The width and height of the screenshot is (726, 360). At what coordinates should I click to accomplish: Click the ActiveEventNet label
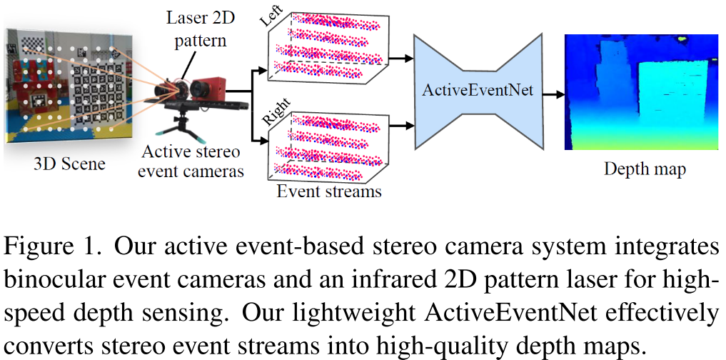(x=478, y=91)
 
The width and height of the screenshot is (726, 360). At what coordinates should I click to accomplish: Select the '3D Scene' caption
(x=70, y=164)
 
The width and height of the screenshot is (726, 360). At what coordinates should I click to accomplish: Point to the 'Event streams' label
(x=329, y=191)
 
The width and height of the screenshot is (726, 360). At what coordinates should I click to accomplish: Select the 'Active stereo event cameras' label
(x=191, y=161)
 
